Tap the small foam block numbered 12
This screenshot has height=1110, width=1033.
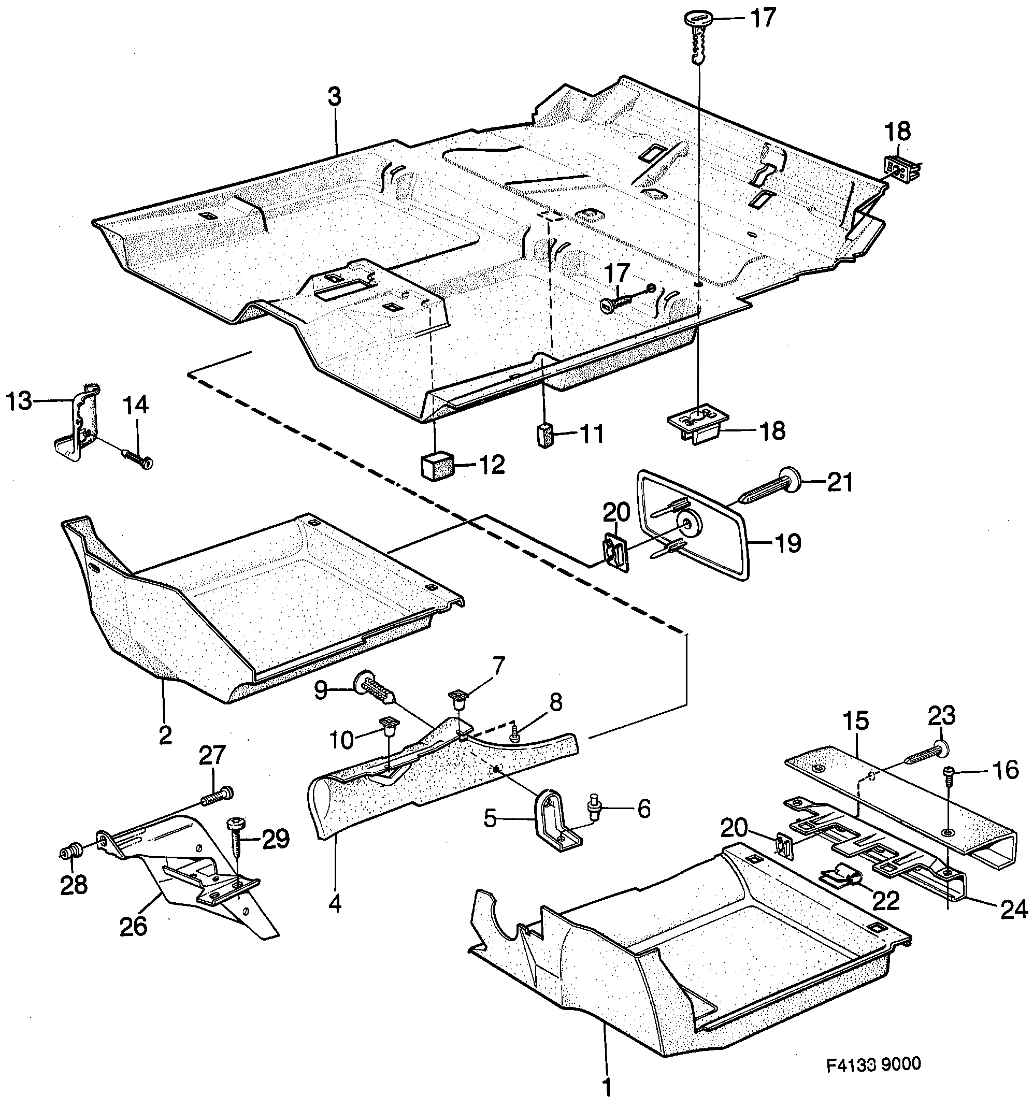436,467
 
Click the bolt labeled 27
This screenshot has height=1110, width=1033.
218,795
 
